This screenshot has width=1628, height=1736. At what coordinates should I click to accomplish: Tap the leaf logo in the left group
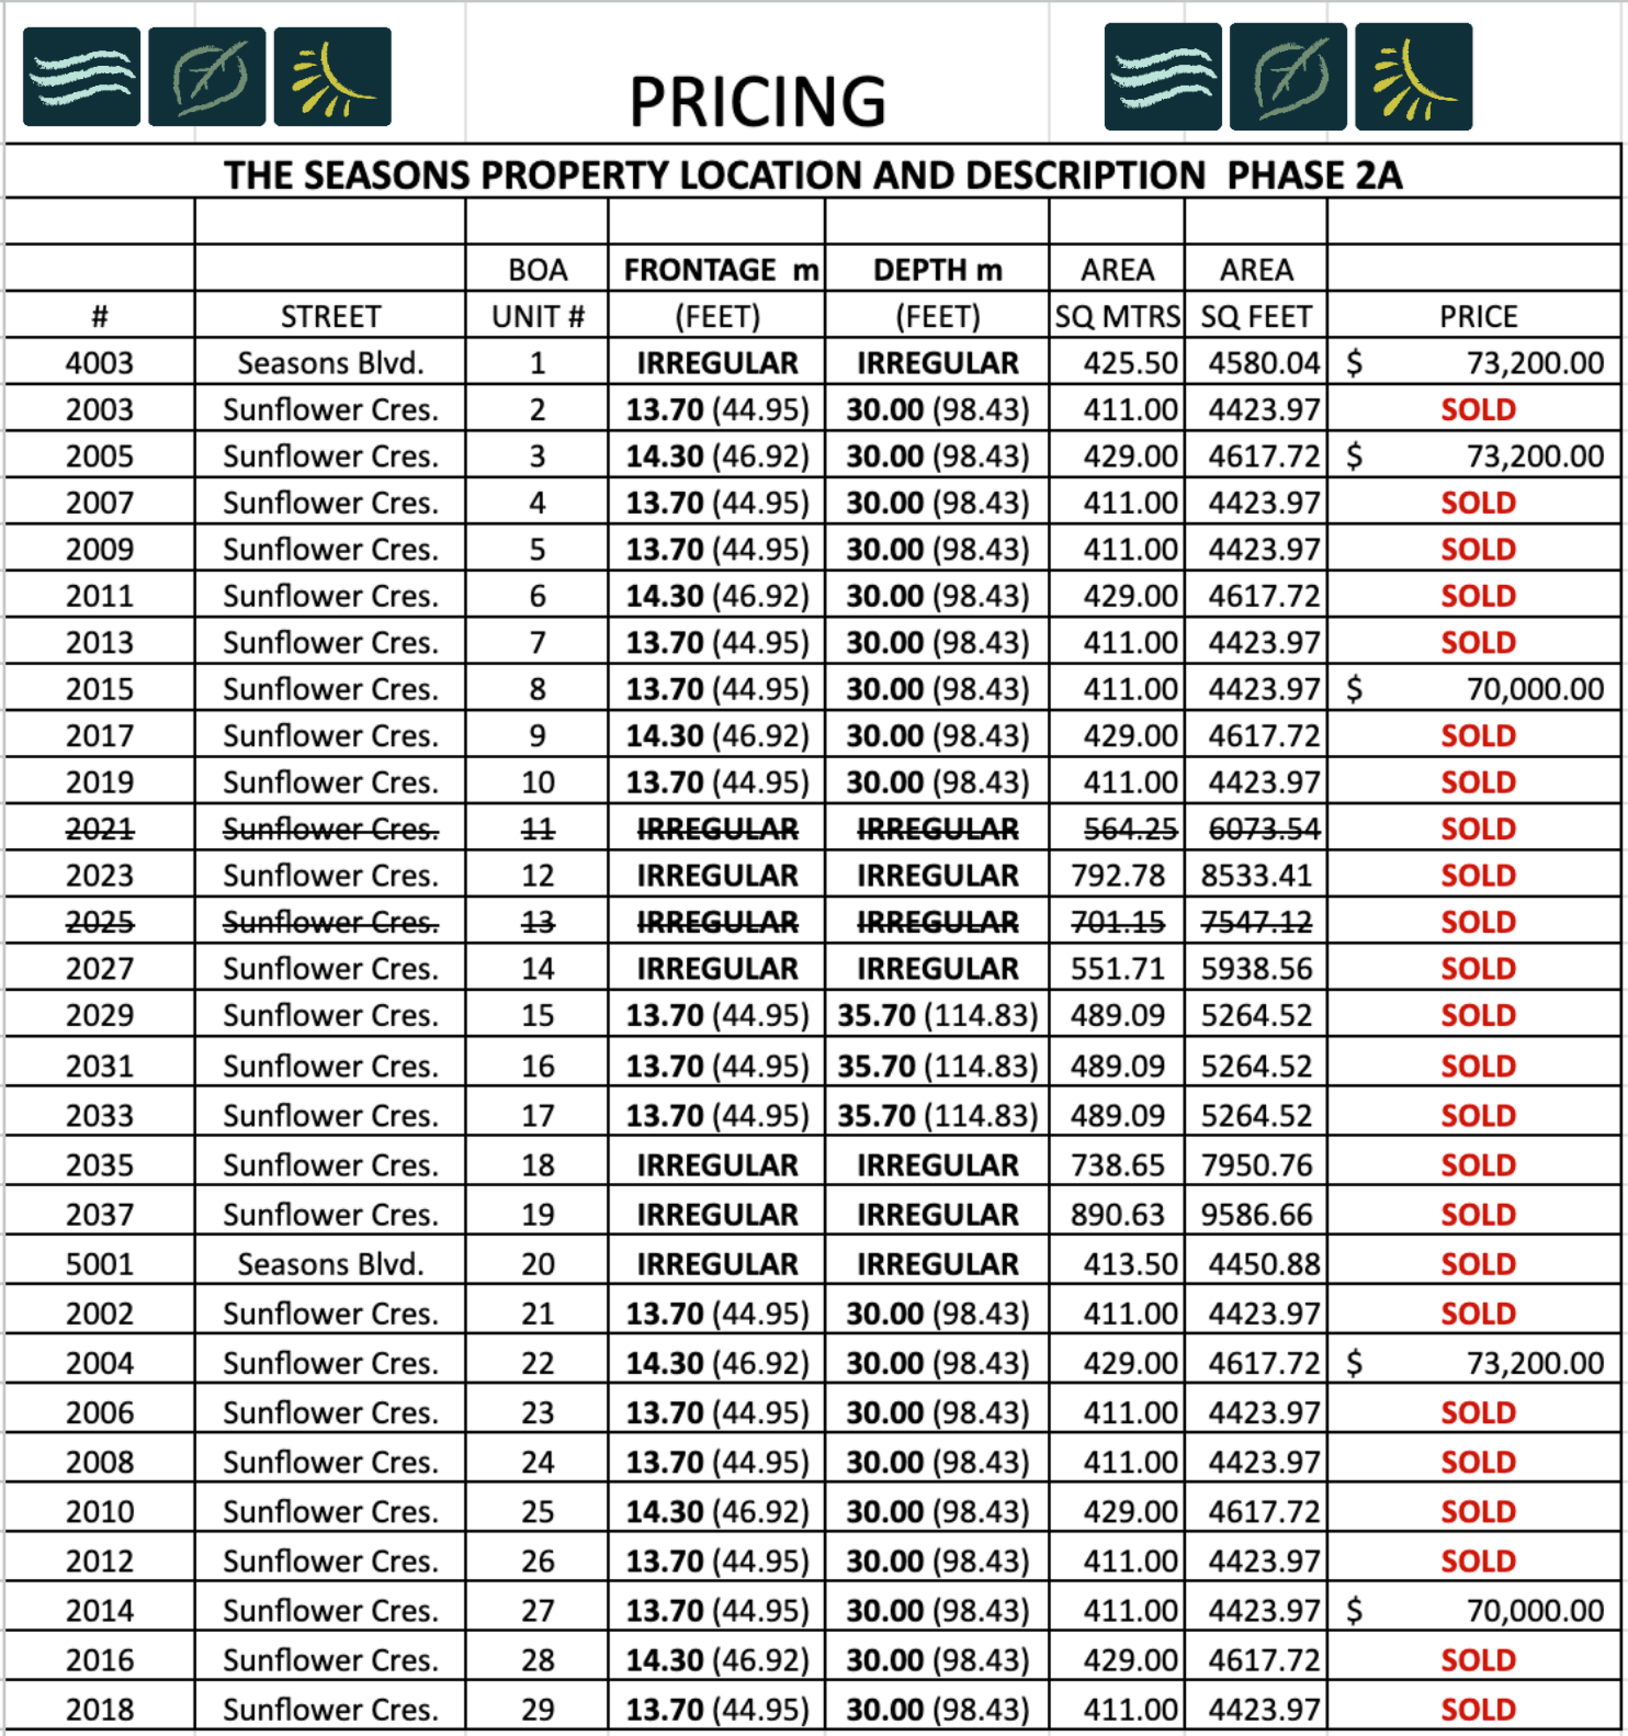(x=207, y=77)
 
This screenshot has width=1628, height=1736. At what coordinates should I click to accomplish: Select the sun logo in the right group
(x=1413, y=78)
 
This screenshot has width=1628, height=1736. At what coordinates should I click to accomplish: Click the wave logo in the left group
(x=81, y=77)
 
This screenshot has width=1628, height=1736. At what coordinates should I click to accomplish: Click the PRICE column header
(x=1478, y=316)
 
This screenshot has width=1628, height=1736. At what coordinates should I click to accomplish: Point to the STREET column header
(x=330, y=316)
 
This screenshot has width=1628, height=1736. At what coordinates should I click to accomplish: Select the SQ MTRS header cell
(x=1116, y=316)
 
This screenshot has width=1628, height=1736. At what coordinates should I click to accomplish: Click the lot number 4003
(x=100, y=362)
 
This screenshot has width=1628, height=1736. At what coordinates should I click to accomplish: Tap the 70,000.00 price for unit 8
(x=1534, y=689)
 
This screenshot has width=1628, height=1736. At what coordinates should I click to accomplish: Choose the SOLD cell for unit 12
(x=1478, y=875)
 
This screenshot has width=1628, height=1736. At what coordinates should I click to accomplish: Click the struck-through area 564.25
(x=1130, y=829)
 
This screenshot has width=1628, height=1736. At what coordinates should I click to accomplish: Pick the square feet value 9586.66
(x=1256, y=1214)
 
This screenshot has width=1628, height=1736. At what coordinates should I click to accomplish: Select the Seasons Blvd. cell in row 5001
(x=330, y=1264)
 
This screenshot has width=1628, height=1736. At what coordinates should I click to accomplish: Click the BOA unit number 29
(x=538, y=1709)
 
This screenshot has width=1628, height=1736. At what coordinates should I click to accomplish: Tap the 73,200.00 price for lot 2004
(x=1534, y=1362)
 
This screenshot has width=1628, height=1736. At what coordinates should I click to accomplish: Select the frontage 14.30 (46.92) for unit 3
(x=717, y=456)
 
